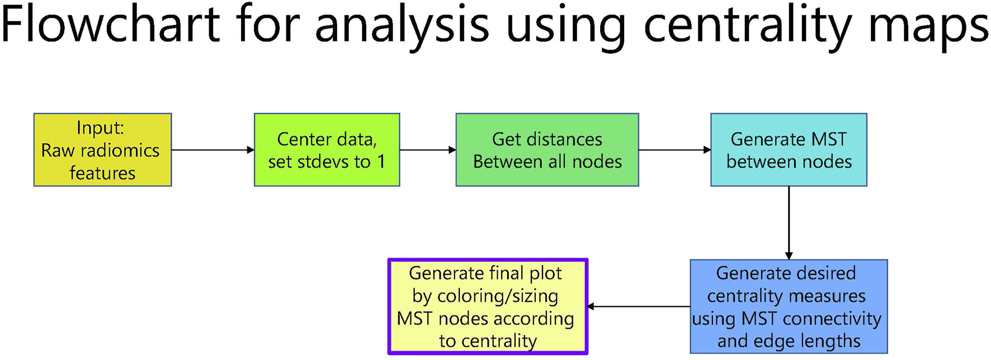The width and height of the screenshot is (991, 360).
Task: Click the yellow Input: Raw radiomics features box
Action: (102, 150)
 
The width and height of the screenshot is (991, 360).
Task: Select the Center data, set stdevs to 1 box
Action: (327, 150)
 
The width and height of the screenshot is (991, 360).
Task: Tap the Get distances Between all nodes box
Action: (547, 150)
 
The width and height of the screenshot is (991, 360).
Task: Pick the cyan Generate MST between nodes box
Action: (789, 150)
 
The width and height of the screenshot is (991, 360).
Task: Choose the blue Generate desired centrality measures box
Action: (789, 306)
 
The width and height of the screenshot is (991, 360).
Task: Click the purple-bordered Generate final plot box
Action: (488, 306)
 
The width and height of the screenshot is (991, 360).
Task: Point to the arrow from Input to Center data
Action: (213, 150)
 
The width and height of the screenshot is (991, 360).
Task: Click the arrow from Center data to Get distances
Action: (428, 150)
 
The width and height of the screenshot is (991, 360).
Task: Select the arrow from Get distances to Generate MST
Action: (674, 150)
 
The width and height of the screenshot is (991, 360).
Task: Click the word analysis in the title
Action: (402, 25)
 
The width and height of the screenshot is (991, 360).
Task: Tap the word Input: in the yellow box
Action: (100, 127)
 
